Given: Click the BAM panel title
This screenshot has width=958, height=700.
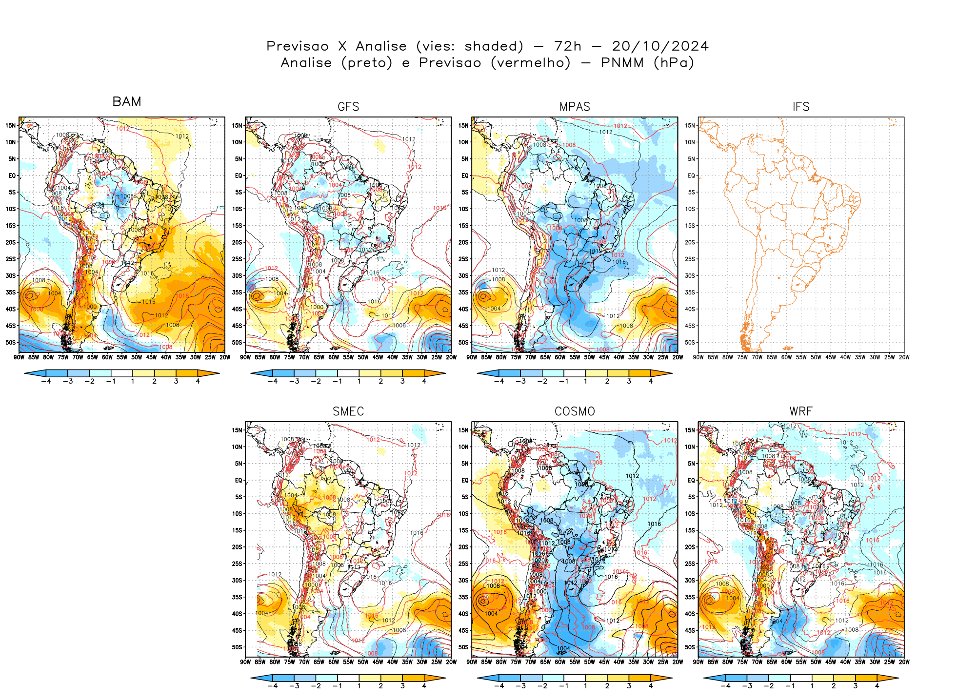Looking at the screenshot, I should (127, 101).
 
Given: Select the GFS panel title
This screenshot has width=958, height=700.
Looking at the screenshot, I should (348, 107).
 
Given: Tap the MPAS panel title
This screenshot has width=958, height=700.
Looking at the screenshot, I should (575, 107).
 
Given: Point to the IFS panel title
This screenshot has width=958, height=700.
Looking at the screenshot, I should (801, 107).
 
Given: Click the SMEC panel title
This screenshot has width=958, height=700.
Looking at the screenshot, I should (348, 411).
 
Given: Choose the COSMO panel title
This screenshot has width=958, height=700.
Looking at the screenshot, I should (575, 411).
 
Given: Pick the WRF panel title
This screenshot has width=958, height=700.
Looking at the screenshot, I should (801, 411).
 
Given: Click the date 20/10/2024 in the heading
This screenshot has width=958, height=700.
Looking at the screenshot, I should (660, 46).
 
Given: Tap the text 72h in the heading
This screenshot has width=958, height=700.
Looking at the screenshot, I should (568, 46).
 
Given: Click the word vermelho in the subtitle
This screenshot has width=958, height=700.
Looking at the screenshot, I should (531, 63).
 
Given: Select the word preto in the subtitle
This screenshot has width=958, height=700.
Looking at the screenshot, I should (367, 63).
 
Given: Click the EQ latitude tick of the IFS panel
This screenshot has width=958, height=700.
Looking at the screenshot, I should (691, 175).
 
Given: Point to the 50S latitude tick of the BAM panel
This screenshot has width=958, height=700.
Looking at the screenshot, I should (11, 342).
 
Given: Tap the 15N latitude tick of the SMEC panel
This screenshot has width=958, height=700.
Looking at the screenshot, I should (237, 430).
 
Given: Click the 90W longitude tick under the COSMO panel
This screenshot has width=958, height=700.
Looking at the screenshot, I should (472, 662).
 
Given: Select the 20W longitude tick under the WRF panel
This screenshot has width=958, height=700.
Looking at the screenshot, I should (904, 662).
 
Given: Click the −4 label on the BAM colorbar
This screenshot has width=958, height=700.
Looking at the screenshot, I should (46, 381).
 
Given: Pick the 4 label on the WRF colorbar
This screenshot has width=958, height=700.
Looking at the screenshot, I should (877, 686).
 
